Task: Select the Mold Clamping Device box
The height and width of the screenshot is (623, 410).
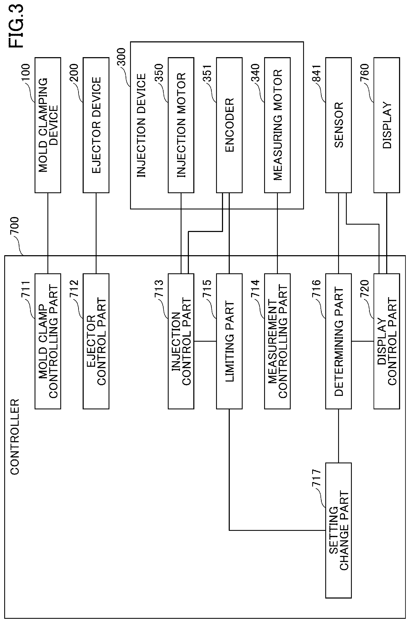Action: tap(48, 125)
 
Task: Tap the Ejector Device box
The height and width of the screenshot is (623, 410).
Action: tap(96, 125)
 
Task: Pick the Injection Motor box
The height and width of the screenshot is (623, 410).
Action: tap(181, 125)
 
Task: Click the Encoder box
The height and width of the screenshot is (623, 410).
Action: tap(229, 125)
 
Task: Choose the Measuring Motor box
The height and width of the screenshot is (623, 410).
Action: tap(277, 125)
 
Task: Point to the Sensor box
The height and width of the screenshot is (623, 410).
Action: tap(339, 125)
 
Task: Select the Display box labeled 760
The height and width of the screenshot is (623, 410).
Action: tap(387, 125)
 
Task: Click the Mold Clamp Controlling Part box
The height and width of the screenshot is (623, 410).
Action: tap(48, 341)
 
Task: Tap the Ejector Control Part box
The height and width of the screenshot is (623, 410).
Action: tap(96, 341)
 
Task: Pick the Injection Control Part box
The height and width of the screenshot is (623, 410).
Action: tap(181, 341)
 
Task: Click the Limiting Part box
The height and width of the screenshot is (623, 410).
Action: tap(229, 341)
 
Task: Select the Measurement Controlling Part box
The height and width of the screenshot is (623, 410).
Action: tap(277, 341)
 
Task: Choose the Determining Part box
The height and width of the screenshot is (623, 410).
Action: tap(339, 341)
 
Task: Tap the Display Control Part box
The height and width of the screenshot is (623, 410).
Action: tap(387, 341)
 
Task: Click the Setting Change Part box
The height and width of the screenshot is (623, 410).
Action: tap(339, 530)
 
